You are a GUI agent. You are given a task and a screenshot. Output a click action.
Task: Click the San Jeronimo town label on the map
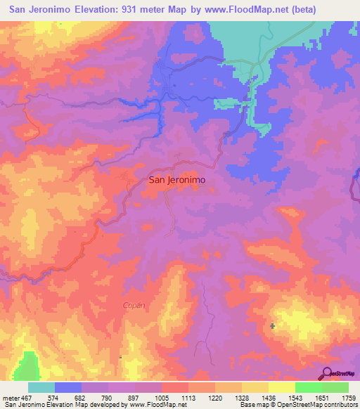coord(176,180)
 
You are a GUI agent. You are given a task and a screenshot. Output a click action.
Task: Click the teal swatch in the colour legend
coord(41,387)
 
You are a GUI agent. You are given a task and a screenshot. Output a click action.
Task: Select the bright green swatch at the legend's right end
coord(335,387)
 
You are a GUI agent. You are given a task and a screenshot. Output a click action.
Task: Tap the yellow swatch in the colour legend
coord(281,387)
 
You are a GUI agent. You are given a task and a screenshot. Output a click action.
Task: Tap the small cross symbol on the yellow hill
coord(272,325)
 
